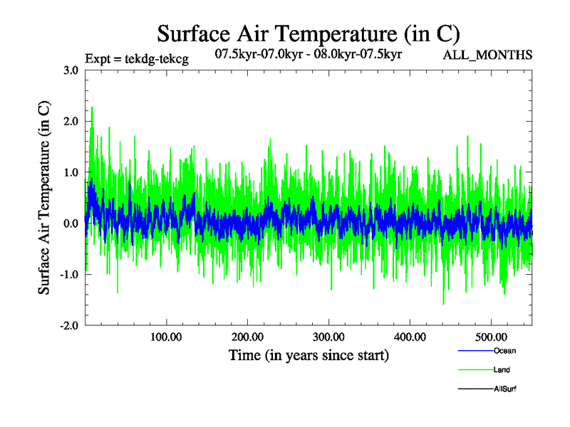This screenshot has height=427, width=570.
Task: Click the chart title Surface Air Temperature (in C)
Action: tap(309, 33)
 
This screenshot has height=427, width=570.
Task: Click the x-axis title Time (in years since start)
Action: tap(309, 355)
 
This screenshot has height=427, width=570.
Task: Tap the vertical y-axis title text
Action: tap(44, 198)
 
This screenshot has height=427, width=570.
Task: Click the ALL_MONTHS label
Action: tap(488, 56)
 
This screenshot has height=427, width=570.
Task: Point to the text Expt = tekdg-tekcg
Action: tap(136, 59)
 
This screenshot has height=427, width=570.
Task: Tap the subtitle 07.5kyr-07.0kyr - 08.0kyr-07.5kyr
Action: tap(309, 53)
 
